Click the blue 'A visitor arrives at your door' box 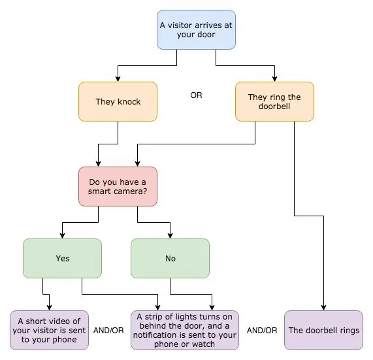point(196,30)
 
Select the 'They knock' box point(118,102)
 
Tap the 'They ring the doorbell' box point(274,102)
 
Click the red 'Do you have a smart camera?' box point(118,187)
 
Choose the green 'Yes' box point(62,258)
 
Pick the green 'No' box point(170,258)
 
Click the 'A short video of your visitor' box point(49,330)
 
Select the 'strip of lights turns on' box point(185,330)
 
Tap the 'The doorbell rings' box point(324,330)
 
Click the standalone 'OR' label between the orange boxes point(196,95)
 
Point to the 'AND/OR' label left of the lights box point(108,330)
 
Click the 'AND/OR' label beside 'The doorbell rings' point(262,330)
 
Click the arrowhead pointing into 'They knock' point(118,79)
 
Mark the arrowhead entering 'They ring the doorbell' point(275,79)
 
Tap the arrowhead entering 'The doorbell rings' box point(323,308)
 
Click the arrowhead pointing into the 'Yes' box point(62,236)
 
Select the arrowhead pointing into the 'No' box point(170,236)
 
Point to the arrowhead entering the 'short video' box point(49,308)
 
